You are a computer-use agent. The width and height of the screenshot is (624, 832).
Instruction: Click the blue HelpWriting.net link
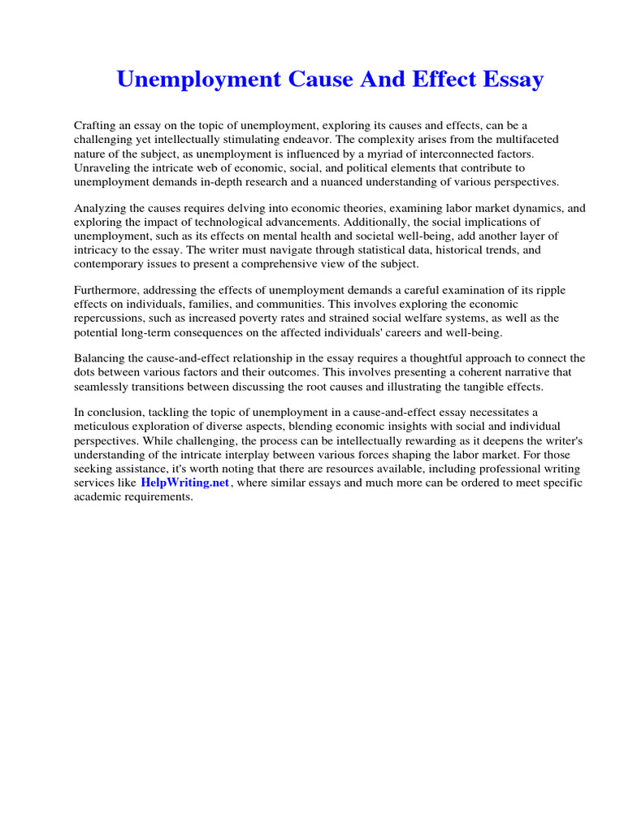click(185, 483)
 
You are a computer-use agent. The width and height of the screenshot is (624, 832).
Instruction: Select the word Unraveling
click(102, 167)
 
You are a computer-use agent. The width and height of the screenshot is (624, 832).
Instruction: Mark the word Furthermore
click(107, 291)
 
